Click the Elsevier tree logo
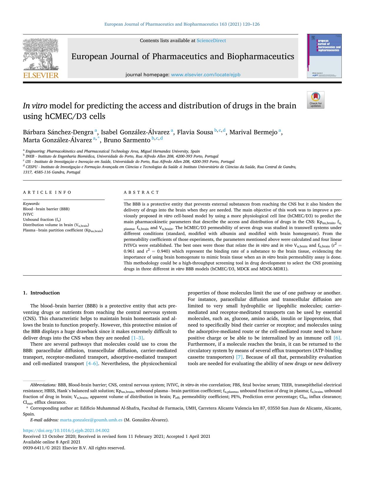click(x=41, y=58)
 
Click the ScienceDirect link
click(x=211, y=41)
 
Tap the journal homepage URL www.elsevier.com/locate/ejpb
click(x=206, y=75)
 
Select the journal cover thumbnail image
click(x=324, y=56)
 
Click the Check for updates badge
click(x=316, y=100)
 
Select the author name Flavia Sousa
click(x=195, y=132)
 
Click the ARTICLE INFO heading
click(x=47, y=192)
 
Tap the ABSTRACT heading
click(x=141, y=192)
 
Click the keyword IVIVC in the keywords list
click(x=28, y=214)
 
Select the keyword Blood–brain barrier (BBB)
click(x=46, y=209)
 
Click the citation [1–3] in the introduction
click(x=137, y=338)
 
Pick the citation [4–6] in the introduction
click(x=92, y=364)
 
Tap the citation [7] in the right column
click(x=239, y=357)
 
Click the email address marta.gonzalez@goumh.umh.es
click(x=91, y=420)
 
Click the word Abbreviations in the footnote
click(x=43, y=385)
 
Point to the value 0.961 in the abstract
click(x=129, y=251)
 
